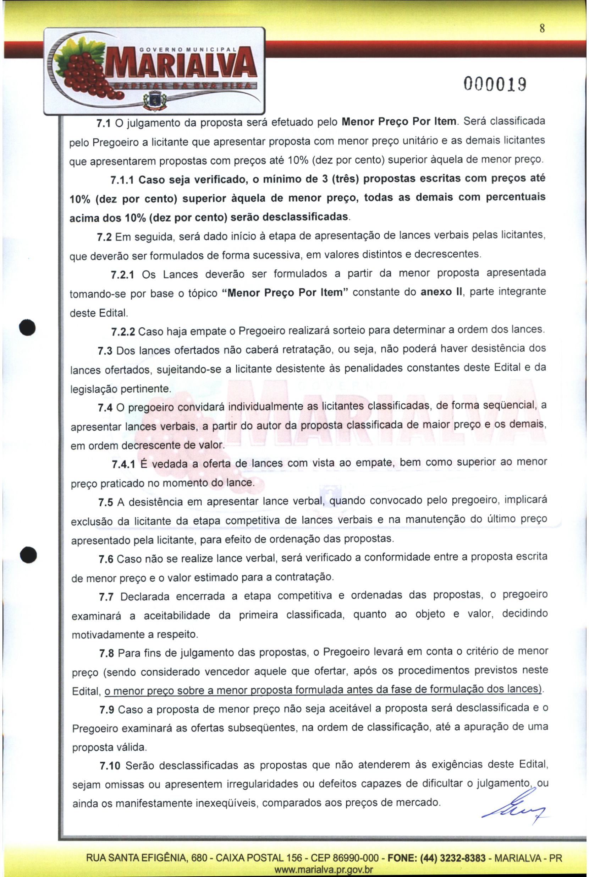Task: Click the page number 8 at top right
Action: [542, 29]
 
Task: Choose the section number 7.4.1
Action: [123, 464]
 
